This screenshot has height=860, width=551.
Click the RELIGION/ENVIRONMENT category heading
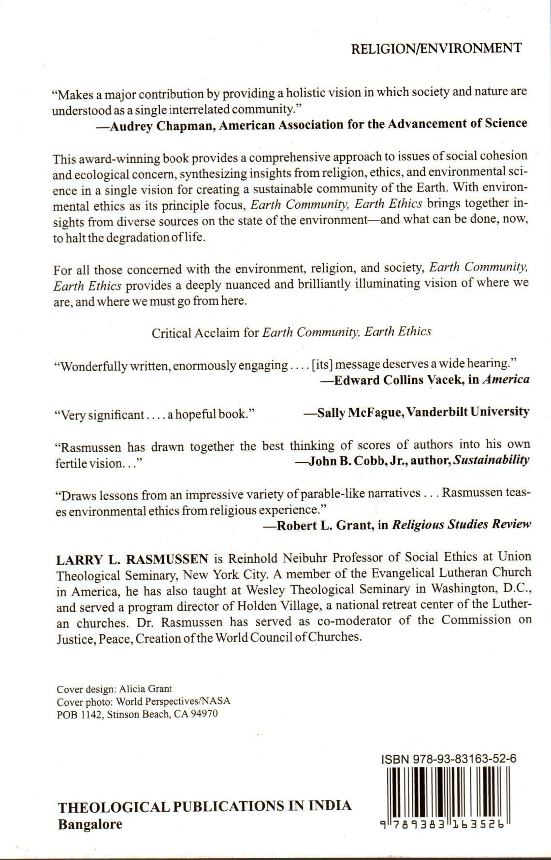pos(436,48)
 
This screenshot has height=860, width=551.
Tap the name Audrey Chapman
pos(151,125)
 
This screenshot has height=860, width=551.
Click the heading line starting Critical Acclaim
pos(291,332)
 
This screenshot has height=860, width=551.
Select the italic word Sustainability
pos(491,459)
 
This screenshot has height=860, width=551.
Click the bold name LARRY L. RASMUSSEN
pos(132,559)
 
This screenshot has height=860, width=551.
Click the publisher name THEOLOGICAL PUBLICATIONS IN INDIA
pos(204,806)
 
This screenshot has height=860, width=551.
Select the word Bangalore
pos(90,824)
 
